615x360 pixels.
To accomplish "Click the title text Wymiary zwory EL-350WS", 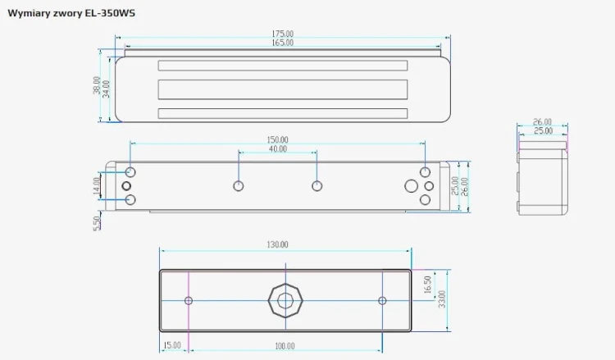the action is tap(71, 13).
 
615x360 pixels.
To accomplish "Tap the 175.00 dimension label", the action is tap(282, 34).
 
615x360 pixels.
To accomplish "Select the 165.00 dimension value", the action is tap(282, 43).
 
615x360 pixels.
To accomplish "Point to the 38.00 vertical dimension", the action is tap(97, 85).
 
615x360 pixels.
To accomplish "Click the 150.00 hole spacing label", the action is tap(277, 139).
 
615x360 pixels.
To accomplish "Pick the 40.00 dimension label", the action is tap(278, 148).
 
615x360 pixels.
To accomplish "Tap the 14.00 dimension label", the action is tap(97, 186).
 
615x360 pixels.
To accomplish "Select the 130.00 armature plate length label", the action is tap(277, 244).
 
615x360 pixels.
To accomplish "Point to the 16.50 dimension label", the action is tap(428, 285).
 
